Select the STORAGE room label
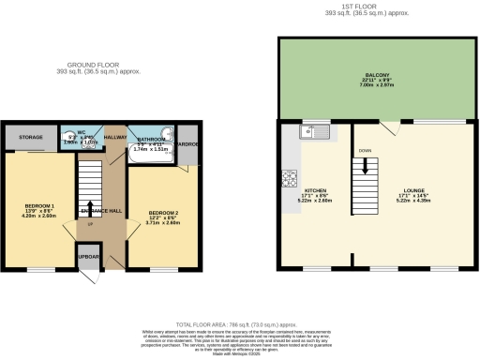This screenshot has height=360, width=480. [31, 138]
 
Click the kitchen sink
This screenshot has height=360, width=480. [313, 132]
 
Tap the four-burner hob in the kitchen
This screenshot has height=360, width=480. [290, 176]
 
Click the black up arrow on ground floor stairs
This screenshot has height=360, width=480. [88, 209]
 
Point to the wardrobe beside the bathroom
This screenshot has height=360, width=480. [187, 144]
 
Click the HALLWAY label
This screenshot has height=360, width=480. [115, 137]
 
